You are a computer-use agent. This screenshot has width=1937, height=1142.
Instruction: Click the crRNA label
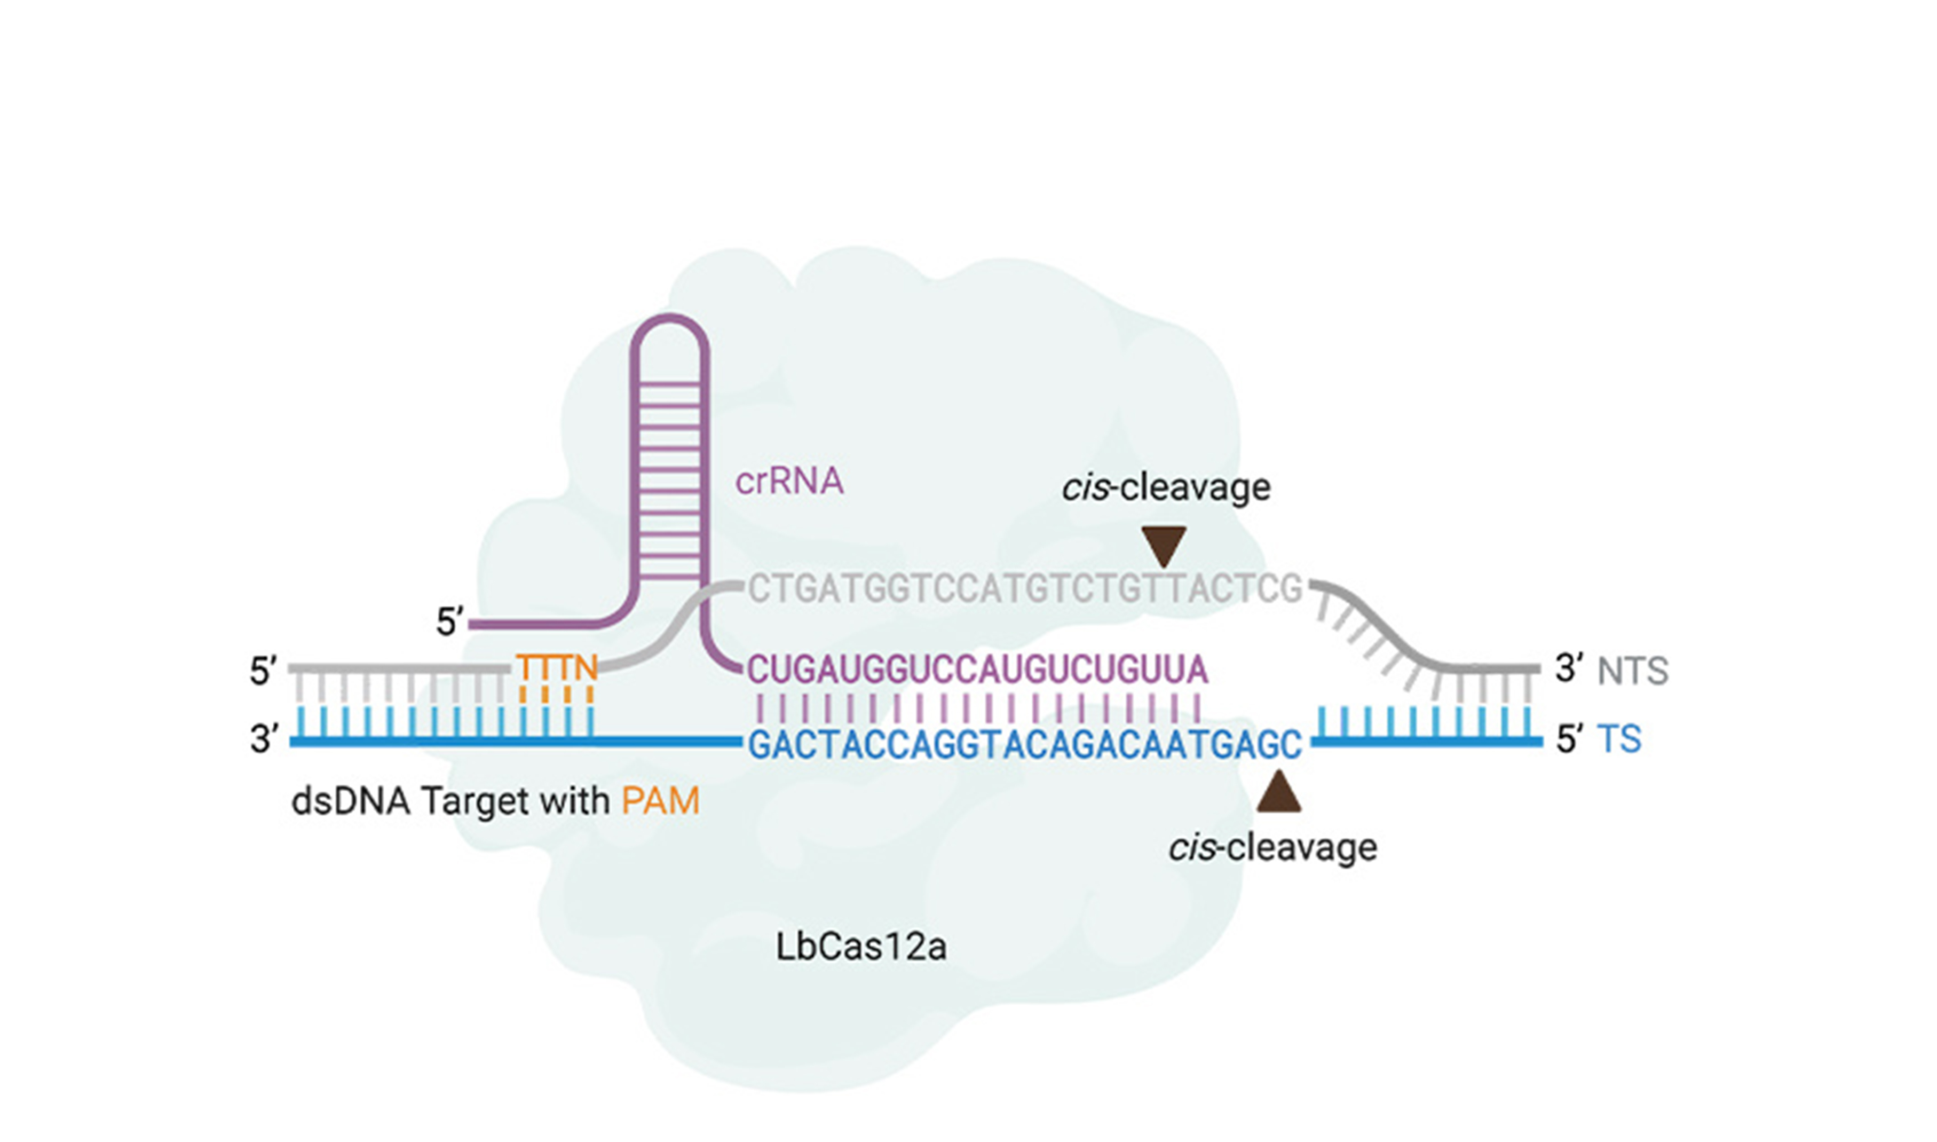click(789, 482)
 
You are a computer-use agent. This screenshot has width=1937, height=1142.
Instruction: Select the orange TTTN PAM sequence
click(557, 667)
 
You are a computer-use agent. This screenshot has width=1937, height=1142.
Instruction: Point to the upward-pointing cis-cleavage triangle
click(1278, 793)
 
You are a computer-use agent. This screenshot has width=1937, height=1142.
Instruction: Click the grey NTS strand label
click(1632, 671)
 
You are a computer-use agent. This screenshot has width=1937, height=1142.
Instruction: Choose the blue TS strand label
click(1619, 739)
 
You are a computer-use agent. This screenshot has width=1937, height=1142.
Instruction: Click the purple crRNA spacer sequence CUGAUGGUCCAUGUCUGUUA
click(977, 670)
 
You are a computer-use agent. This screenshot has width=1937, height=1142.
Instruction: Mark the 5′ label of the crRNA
click(450, 622)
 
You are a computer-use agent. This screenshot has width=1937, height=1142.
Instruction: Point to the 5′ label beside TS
click(1569, 739)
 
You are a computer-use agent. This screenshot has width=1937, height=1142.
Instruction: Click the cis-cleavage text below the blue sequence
click(1272, 848)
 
